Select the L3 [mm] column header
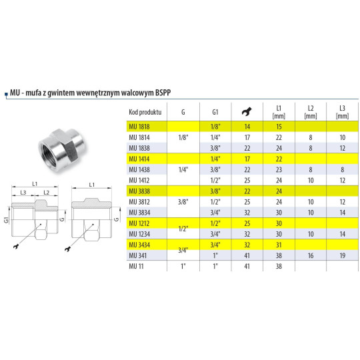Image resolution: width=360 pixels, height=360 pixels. point(343,111)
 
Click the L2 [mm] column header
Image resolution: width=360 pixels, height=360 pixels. point(310,111)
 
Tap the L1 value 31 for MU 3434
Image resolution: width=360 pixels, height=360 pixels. point(279,245)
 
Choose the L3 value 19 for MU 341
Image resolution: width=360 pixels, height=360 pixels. point(343,255)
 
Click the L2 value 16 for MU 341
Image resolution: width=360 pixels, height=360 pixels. point(310,255)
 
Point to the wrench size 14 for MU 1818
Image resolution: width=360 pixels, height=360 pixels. point(247,126)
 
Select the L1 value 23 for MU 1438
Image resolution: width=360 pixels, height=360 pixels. point(279,169)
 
